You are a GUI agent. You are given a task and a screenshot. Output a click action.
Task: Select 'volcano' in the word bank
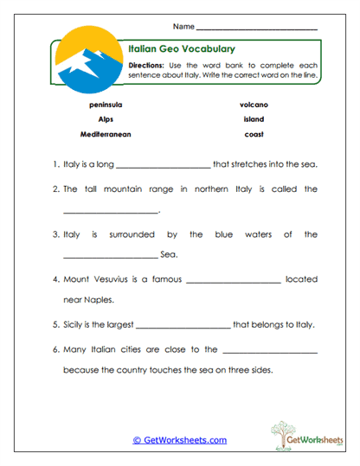[254, 104]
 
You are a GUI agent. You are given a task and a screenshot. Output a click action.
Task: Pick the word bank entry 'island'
[254, 119]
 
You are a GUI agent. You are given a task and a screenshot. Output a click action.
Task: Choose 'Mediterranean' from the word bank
[105, 135]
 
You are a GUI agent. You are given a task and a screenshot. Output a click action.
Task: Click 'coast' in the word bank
[254, 135]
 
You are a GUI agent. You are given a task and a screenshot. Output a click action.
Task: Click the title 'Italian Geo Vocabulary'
[182, 49]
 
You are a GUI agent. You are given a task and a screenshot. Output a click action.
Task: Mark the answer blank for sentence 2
[111, 211]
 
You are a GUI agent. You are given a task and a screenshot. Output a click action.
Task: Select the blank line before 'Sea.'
[111, 256]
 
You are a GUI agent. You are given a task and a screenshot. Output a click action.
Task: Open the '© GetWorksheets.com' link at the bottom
[179, 440]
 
